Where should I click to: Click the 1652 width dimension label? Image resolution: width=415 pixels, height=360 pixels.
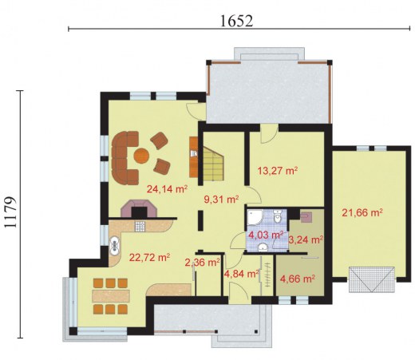(236, 21)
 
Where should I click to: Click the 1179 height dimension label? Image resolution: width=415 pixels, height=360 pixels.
(11, 212)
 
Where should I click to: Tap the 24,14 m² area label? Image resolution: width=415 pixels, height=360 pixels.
(168, 189)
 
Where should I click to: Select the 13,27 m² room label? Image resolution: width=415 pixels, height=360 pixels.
(277, 171)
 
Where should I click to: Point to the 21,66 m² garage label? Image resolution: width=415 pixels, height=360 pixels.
(362, 213)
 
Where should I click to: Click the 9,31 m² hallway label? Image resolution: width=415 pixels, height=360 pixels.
(221, 199)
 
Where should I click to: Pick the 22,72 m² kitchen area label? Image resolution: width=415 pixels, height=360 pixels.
(149, 257)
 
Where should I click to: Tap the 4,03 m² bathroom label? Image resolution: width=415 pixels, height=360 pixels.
(266, 235)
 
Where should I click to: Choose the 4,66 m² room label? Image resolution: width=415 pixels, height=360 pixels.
(298, 279)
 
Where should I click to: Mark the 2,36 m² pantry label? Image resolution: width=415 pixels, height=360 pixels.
(203, 263)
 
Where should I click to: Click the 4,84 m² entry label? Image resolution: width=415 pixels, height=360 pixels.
(242, 274)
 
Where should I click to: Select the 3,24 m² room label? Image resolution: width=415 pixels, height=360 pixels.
(306, 239)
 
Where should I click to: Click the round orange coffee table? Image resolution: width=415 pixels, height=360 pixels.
(141, 156)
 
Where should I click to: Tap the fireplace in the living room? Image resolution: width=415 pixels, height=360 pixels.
(139, 208)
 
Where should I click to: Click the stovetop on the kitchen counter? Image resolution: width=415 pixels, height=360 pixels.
(140, 226)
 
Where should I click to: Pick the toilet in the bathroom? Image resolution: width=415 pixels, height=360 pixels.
(278, 216)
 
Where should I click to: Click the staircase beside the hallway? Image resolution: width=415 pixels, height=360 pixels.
(213, 163)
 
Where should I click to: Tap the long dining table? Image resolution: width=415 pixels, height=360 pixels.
(111, 296)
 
